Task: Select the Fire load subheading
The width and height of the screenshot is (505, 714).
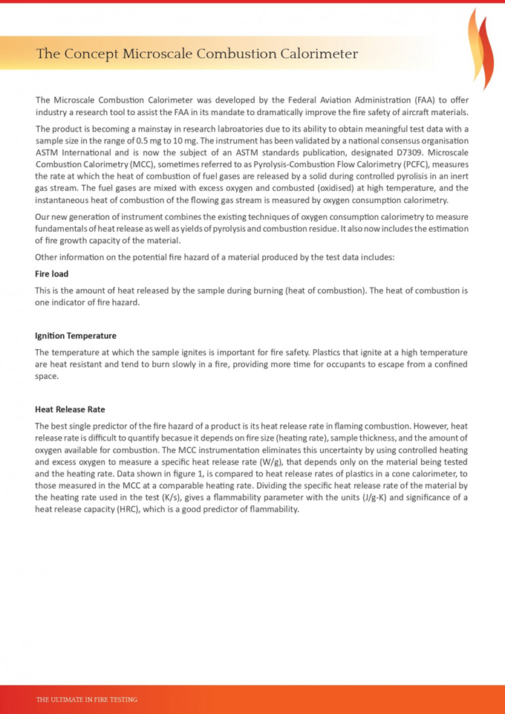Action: click(52, 274)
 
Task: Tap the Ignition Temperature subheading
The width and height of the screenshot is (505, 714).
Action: click(76, 336)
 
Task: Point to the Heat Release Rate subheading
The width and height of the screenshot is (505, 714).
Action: click(70, 409)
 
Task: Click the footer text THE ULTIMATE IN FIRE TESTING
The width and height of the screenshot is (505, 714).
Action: click(87, 699)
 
